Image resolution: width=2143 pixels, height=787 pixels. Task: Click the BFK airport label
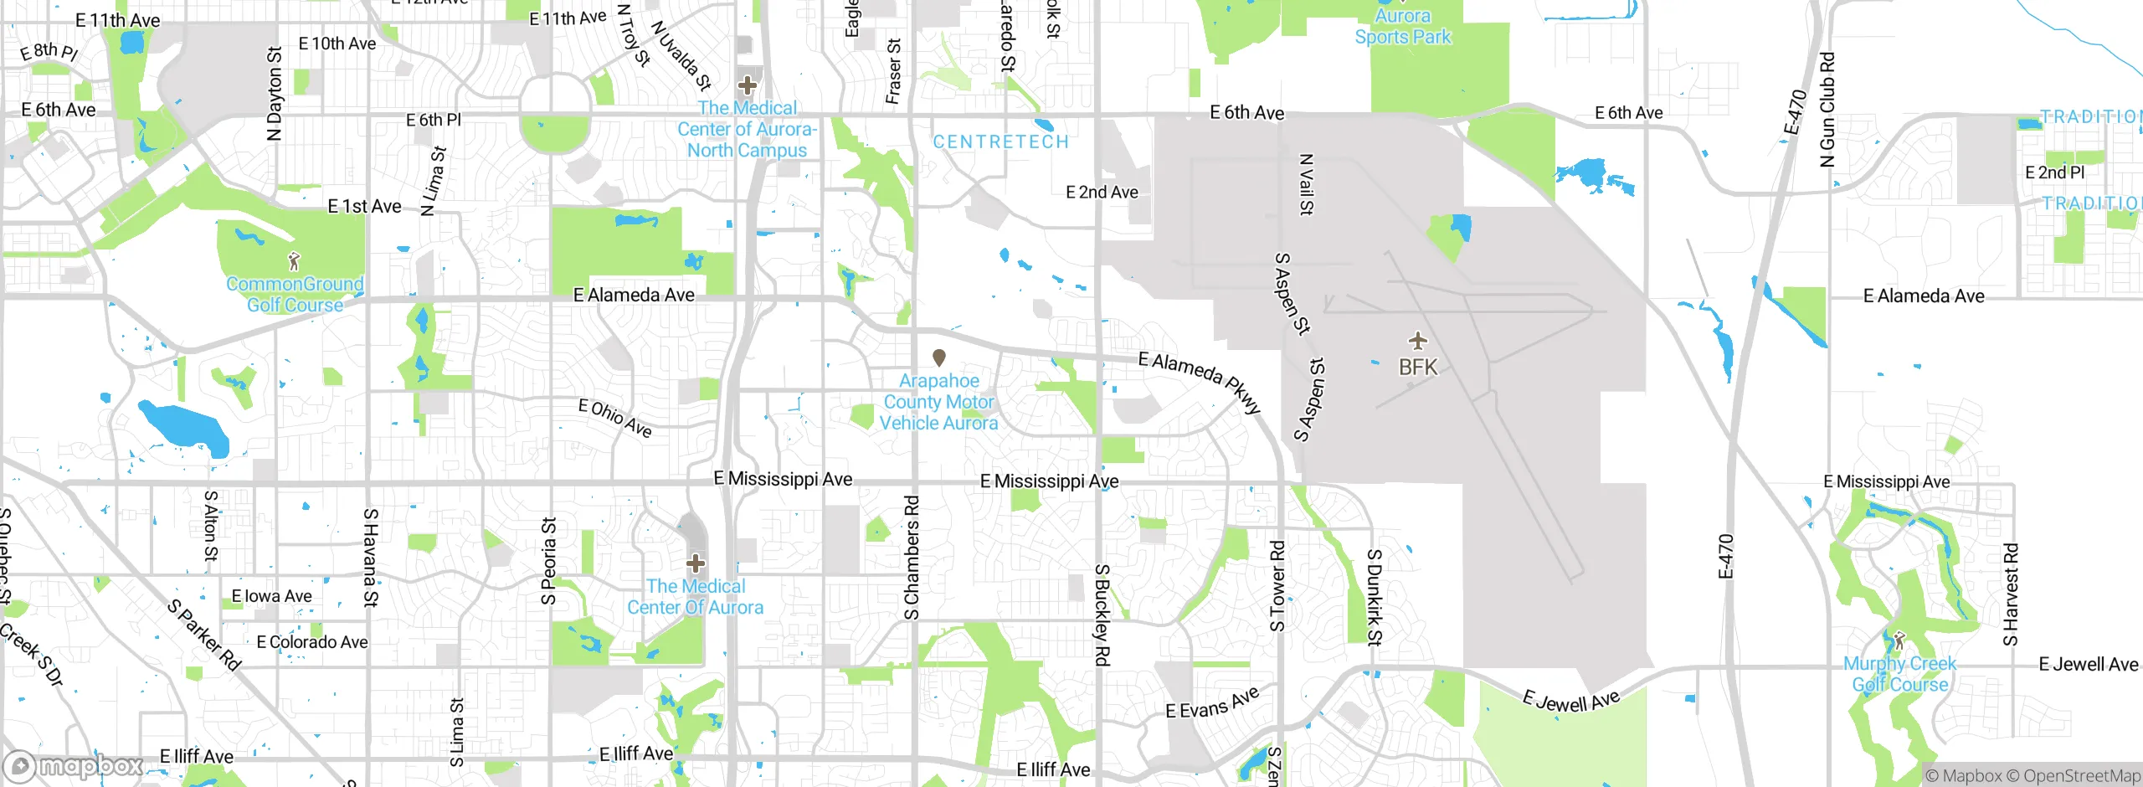coord(1417,367)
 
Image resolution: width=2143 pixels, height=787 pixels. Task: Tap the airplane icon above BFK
coord(1417,341)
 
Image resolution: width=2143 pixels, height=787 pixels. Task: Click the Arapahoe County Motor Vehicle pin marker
coord(939,357)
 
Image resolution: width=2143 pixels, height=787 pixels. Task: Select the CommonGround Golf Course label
coord(295,295)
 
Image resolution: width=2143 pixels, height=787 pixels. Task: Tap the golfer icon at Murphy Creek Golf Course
coord(1899,640)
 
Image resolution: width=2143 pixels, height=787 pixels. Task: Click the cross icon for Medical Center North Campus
coord(747,85)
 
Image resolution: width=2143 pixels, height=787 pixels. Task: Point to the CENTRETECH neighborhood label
coord(1001,141)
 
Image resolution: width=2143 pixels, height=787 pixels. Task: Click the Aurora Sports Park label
coord(1403,26)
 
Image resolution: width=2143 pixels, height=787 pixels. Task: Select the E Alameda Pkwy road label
coord(1199,381)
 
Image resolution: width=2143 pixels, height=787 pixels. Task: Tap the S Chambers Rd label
coord(912,557)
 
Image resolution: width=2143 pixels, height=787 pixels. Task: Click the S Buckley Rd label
coord(1102,615)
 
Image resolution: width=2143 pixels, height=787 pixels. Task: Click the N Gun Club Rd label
coord(1827,110)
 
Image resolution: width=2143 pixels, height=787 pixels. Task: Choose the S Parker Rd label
coord(204,634)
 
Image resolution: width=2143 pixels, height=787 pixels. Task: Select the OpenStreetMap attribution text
coord(2073,776)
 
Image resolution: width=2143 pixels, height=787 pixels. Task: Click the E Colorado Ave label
coord(311,642)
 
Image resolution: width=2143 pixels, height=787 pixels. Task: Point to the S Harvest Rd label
coord(2010,594)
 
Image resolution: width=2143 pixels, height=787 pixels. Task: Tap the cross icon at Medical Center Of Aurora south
coord(696,563)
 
